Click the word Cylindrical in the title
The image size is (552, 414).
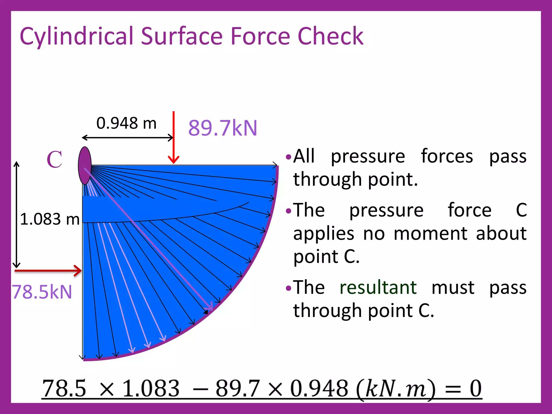point(77,36)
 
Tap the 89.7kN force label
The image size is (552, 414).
point(223,128)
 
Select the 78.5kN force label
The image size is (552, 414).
point(42,292)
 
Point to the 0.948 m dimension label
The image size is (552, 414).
point(126,123)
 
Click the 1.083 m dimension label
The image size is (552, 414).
point(50,219)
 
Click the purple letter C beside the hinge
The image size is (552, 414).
point(54,159)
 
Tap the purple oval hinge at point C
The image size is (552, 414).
point(85,165)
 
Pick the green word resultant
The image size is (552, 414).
point(378,287)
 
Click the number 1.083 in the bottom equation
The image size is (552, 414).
point(151,388)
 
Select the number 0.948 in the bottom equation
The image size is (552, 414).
point(319,388)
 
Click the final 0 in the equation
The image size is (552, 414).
point(475,388)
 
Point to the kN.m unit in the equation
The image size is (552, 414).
point(395,389)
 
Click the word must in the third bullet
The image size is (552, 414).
point(453,287)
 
